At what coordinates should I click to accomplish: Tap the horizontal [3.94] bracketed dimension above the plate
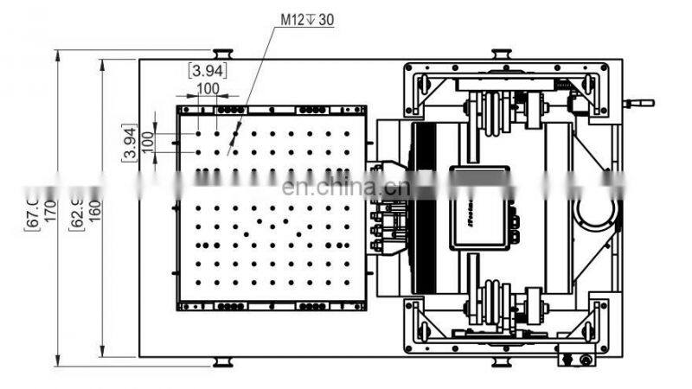208,71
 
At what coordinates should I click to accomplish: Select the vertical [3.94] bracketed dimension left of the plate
127,143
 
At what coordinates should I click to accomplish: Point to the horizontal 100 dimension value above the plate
208,88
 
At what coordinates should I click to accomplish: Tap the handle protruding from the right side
641,103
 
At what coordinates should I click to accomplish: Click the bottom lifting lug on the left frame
221,360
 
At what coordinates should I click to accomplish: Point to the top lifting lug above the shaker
499,54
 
